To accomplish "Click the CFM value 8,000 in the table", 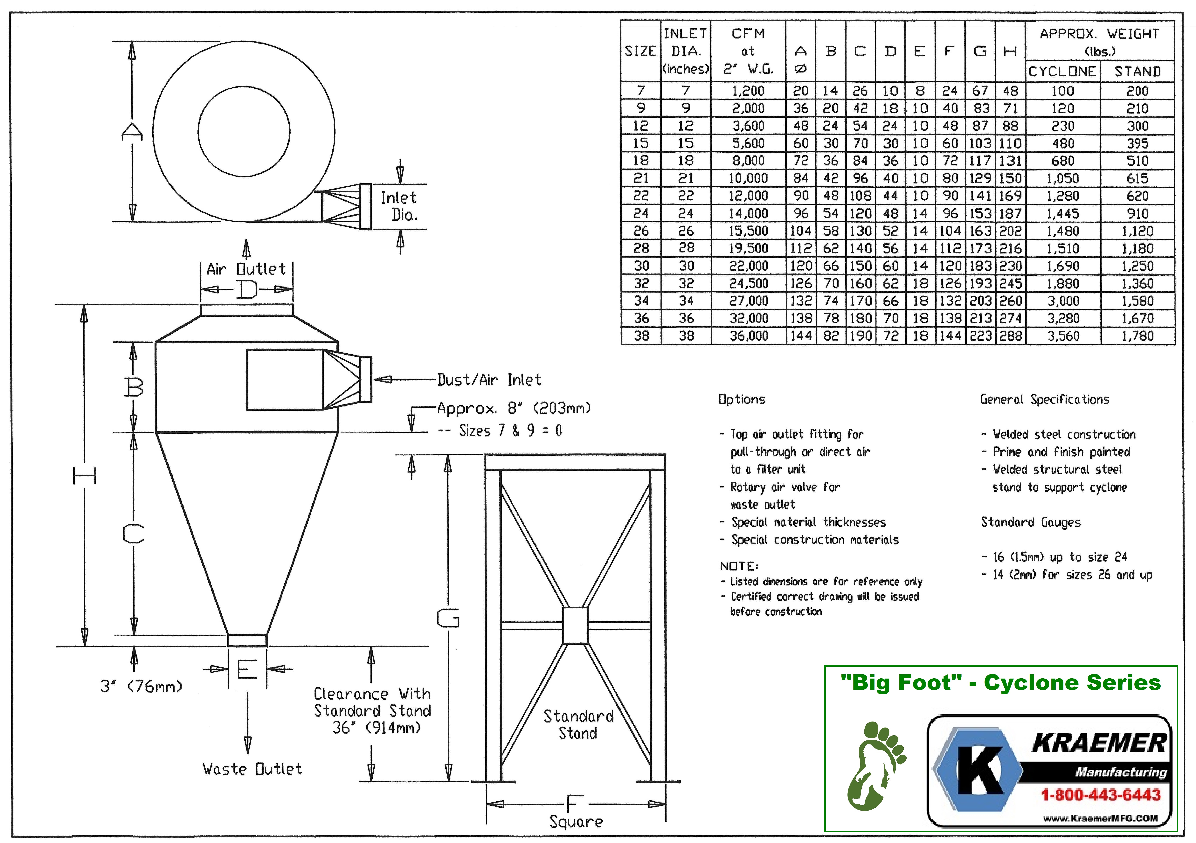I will (x=748, y=161).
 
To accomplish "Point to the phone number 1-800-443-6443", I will (x=1101, y=795).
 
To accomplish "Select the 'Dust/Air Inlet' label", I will (x=489, y=380).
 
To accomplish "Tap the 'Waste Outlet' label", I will (x=252, y=769).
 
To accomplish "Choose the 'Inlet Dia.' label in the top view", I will (x=399, y=206).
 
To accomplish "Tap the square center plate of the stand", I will (x=576, y=625).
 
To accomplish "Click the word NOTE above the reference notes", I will (x=739, y=566).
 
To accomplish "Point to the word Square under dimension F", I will (x=576, y=822).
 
